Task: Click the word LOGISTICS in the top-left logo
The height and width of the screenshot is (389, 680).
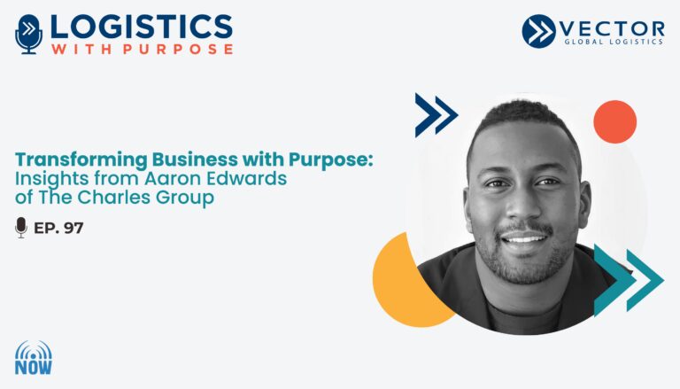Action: click(x=142, y=27)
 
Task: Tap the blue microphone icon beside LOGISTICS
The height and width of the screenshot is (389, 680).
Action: click(x=28, y=35)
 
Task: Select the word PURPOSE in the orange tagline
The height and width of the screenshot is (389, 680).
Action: click(x=178, y=49)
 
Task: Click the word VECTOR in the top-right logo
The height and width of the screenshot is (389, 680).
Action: click(x=612, y=29)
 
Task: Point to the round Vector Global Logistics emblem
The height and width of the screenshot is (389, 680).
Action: click(x=538, y=31)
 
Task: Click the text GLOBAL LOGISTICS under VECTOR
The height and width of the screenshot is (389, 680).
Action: click(x=614, y=42)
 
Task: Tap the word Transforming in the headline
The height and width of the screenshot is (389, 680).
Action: click(x=81, y=160)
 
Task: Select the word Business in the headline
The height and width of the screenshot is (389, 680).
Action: click(x=195, y=159)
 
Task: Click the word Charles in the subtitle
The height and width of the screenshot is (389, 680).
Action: click(x=114, y=198)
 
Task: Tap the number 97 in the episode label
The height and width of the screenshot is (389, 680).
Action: click(x=73, y=228)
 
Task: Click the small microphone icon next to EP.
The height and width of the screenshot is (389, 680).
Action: click(x=21, y=228)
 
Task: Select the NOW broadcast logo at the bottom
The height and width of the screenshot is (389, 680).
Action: click(x=34, y=358)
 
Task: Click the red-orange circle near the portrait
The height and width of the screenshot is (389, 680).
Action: click(x=615, y=121)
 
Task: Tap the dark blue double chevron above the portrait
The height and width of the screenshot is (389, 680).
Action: click(x=437, y=115)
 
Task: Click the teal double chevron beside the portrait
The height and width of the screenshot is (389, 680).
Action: click(x=629, y=280)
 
